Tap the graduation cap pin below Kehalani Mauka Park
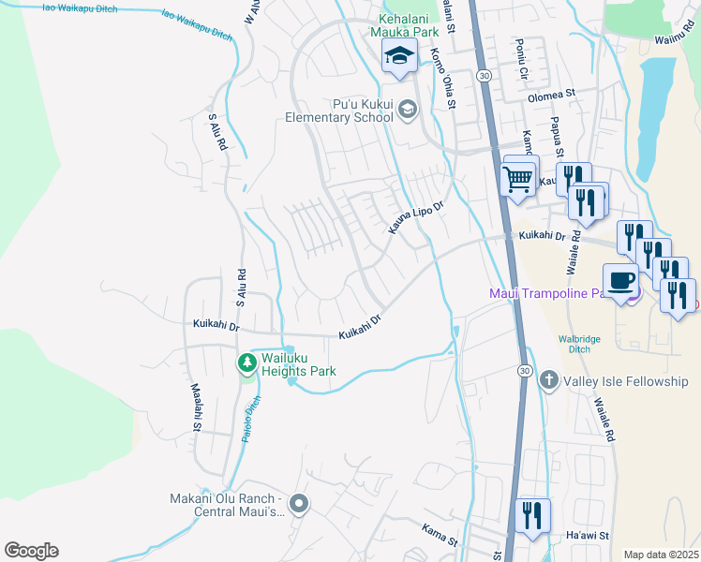399,56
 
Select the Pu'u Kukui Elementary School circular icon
407,111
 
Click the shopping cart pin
519,176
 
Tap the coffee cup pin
622,280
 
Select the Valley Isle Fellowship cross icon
548,381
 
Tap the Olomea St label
551,96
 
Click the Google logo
31,551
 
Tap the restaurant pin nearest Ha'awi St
532,514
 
